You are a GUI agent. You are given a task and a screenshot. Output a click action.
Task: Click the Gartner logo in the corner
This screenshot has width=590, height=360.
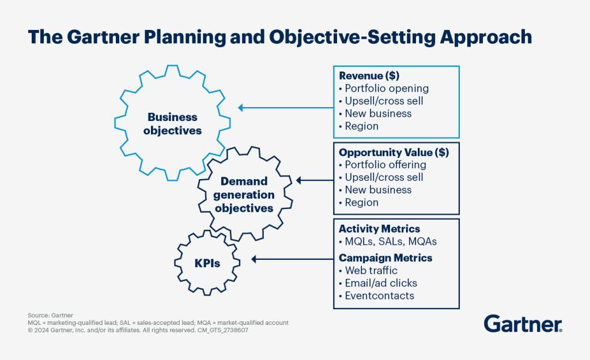pyautogui.click(x=523, y=324)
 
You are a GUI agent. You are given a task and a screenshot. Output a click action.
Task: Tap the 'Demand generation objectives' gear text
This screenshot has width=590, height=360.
pyautogui.click(x=247, y=195)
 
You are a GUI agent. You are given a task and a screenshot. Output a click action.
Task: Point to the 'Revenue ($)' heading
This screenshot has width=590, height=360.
pyautogui.click(x=369, y=76)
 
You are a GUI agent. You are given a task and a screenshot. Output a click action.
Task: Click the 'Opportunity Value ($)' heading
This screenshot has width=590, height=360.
pyautogui.click(x=394, y=153)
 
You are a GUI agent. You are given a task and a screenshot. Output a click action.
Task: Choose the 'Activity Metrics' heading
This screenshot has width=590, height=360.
pyautogui.click(x=379, y=229)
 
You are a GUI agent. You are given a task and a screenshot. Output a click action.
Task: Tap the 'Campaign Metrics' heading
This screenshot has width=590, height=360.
pyautogui.click(x=385, y=257)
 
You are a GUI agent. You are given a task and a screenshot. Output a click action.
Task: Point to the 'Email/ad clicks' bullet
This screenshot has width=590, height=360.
pyautogui.click(x=380, y=283)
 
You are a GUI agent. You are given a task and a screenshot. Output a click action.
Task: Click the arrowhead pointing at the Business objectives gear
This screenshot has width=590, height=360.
pyautogui.click(x=242, y=108)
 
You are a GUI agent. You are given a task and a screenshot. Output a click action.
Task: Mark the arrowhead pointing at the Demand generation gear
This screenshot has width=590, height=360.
pyautogui.click(x=298, y=181)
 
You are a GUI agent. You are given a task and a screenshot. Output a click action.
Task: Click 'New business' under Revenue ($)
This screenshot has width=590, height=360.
pyautogui.click(x=377, y=113)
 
